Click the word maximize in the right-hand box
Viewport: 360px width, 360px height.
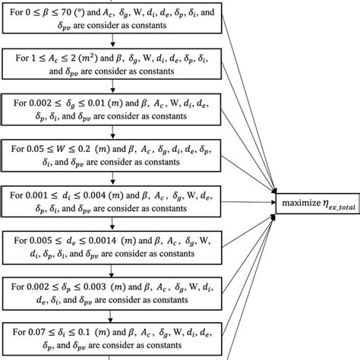[302, 203]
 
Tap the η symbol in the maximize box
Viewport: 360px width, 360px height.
[328, 203]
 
